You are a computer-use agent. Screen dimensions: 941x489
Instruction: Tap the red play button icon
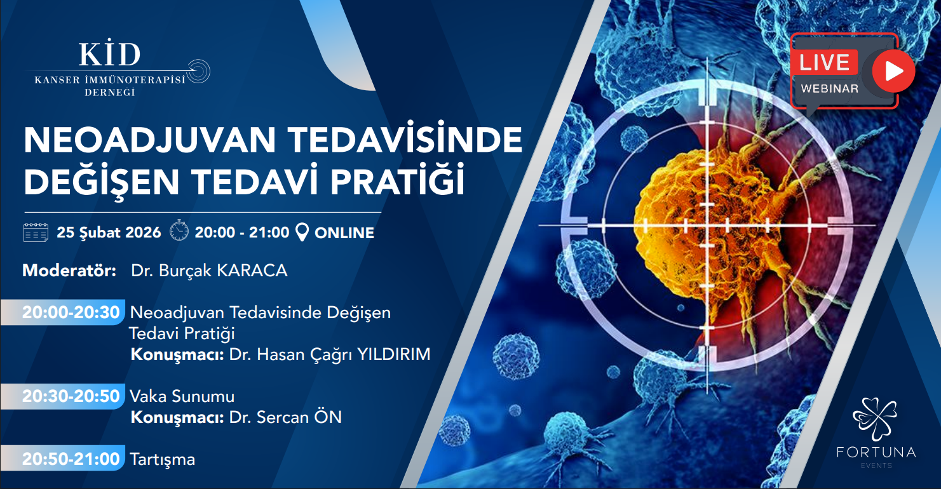[x=893, y=71]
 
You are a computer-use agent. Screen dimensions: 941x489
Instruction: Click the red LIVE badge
[x=824, y=62]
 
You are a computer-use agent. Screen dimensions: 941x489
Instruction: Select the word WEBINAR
[x=829, y=88]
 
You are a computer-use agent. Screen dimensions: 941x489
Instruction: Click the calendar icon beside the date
[x=36, y=232]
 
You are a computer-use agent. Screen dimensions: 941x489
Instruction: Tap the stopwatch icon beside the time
[x=179, y=230]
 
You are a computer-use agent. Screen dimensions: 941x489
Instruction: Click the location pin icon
[x=302, y=232]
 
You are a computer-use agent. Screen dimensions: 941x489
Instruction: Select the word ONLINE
[x=344, y=233]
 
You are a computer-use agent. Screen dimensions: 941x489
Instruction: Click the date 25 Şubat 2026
[x=109, y=232]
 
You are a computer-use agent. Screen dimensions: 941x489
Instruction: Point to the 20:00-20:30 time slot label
[x=71, y=312]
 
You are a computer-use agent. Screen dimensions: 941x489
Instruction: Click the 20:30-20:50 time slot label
[x=71, y=397]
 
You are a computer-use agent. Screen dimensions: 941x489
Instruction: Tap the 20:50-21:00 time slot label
[x=71, y=459]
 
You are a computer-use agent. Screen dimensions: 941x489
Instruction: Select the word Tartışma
[x=163, y=460]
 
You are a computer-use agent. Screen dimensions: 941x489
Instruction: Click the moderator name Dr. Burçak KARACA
[x=209, y=271]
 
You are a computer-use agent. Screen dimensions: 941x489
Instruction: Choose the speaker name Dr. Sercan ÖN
[x=285, y=417]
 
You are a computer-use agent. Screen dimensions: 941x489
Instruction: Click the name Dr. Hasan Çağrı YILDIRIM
[x=330, y=355]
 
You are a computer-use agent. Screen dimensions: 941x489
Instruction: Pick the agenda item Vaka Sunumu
[x=182, y=397]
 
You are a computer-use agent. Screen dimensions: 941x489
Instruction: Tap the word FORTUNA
[x=876, y=452]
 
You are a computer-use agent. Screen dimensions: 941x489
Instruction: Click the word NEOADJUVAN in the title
[x=150, y=140]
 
